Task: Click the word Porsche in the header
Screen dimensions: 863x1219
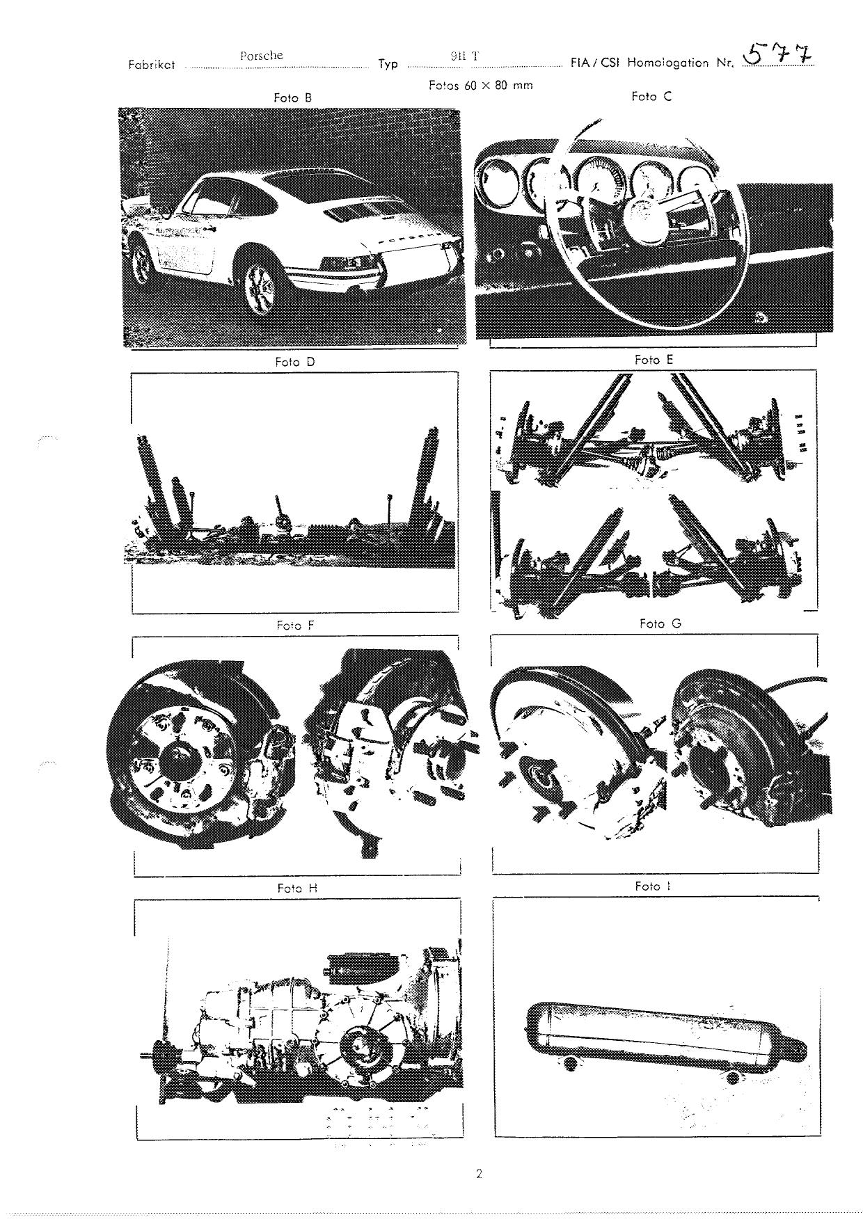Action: (262, 56)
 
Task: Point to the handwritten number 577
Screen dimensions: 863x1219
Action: (778, 53)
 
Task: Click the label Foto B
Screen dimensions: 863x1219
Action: (292, 98)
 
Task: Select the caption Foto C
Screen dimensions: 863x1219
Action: (651, 97)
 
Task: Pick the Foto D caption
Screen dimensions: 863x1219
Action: (295, 362)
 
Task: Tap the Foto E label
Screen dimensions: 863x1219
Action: (654, 360)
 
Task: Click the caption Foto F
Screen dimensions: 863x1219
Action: (295, 626)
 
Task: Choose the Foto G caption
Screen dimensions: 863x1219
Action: (660, 623)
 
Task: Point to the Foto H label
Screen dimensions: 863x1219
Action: (297, 889)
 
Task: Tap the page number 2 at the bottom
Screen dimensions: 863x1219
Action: (479, 1175)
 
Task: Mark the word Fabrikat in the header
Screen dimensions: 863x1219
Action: (152, 65)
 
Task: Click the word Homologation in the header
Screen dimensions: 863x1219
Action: (672, 63)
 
